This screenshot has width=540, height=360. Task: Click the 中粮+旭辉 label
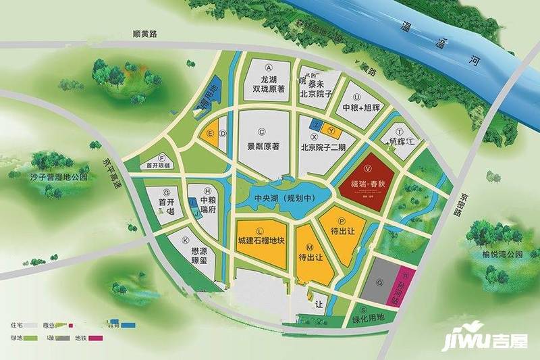coord(362,107)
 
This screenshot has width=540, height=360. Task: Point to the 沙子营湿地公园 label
coord(60,177)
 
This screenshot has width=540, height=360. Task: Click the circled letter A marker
coord(268,68)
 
